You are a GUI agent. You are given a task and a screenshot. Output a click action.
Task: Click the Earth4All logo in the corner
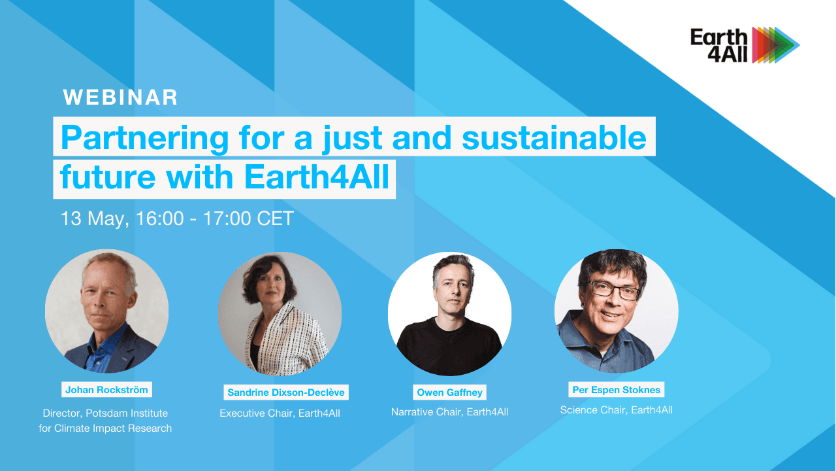point(745,45)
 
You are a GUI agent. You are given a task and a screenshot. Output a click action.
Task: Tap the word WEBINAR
point(120,97)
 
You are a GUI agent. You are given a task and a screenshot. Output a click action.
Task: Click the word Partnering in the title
point(145,138)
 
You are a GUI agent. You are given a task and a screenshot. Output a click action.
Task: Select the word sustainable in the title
point(555,137)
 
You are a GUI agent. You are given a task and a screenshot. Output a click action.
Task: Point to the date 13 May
point(95,218)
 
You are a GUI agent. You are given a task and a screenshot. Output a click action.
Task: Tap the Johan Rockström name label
point(106,389)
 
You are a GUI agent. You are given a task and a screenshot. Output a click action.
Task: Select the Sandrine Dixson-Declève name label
point(286,392)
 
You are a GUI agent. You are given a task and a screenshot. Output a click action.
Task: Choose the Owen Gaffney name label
point(450,392)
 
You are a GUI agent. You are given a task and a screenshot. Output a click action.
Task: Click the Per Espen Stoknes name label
point(616,389)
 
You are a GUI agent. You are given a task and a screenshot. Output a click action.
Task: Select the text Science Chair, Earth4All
point(616,410)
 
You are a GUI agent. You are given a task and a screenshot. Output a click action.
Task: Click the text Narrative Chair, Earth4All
point(450,412)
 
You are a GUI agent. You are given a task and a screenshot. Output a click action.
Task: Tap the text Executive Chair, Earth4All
point(280,413)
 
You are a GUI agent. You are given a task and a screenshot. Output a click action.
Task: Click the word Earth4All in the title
point(317,177)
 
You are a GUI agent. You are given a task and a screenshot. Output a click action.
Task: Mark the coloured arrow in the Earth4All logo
point(775,45)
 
